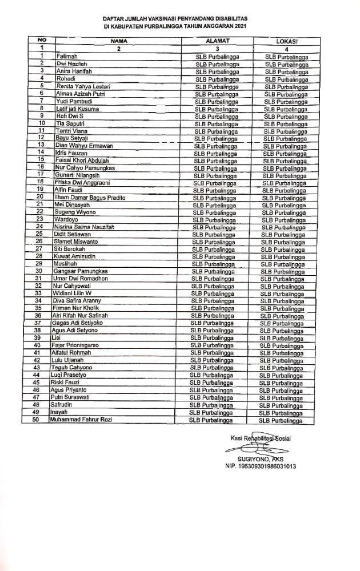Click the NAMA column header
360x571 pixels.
tap(119, 41)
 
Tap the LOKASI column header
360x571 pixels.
tap(288, 41)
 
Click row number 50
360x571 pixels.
tap(35, 420)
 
